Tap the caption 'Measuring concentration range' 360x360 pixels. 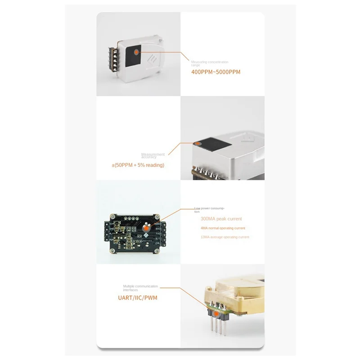[210, 63]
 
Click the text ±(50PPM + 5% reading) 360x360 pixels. [138, 165]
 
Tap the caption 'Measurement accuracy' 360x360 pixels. [153, 156]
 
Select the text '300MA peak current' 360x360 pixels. [221, 219]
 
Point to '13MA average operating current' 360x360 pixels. [225, 237]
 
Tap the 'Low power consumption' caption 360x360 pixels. [209, 209]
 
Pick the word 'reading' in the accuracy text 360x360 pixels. [155, 165]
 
